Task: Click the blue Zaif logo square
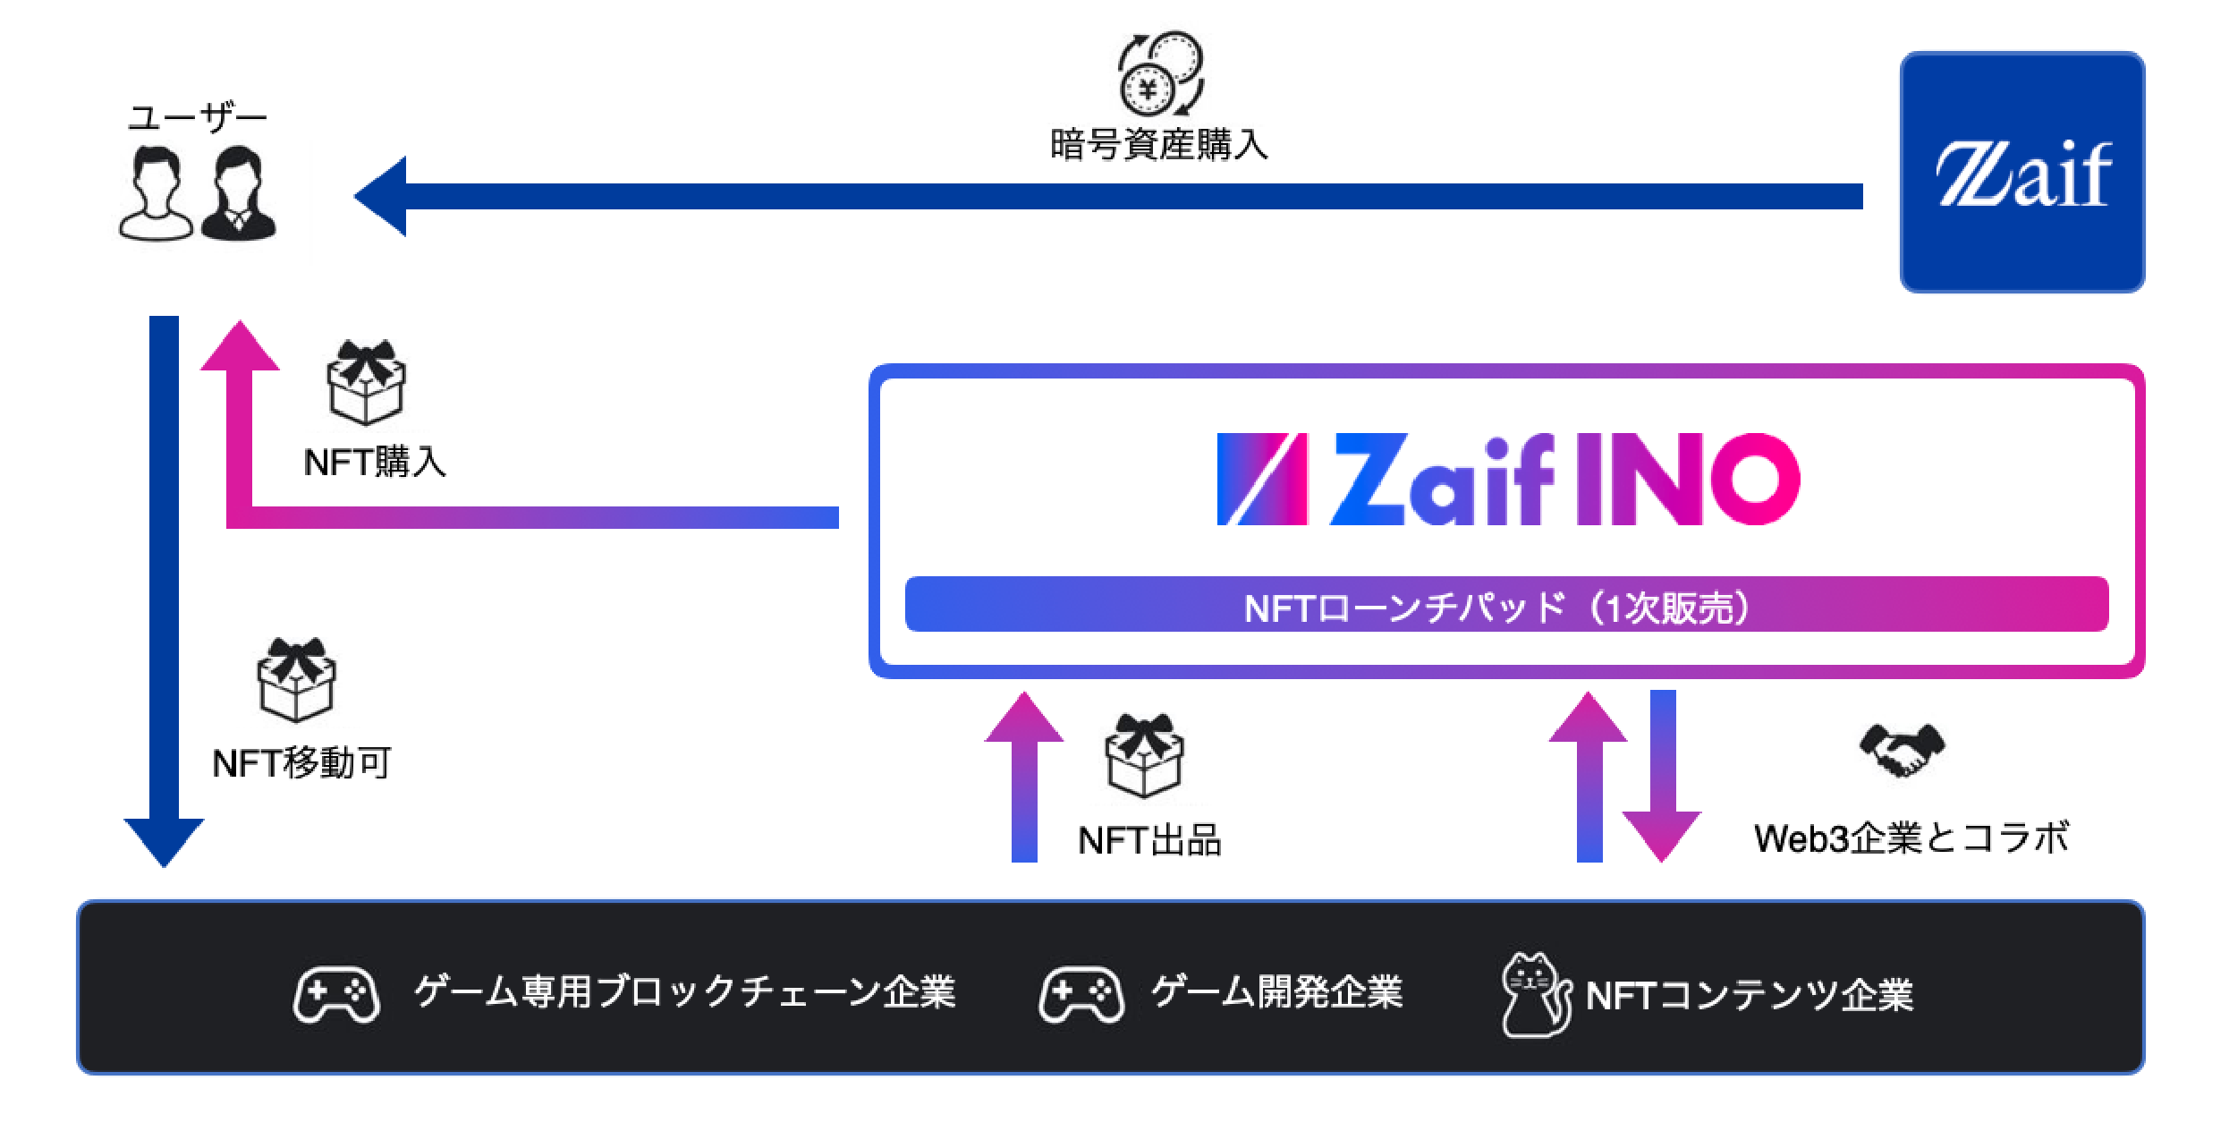pyautogui.click(x=2021, y=172)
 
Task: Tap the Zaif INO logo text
pyautogui.click(x=1508, y=480)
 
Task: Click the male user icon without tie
pyautogui.click(x=157, y=194)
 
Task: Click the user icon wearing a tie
pyautogui.click(x=238, y=194)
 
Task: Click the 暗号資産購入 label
pyautogui.click(x=1159, y=145)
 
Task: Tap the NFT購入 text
pyautogui.click(x=375, y=462)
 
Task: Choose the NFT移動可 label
pyautogui.click(x=301, y=763)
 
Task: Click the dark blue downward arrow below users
pyautogui.click(x=164, y=591)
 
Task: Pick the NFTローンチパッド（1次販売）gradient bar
pyautogui.click(x=1506, y=605)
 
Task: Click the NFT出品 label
pyautogui.click(x=1149, y=840)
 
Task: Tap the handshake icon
pyautogui.click(x=1902, y=750)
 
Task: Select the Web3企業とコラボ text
pyautogui.click(x=1911, y=838)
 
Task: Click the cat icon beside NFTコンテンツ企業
pyautogui.click(x=1535, y=995)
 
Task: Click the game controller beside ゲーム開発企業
pyautogui.click(x=1081, y=993)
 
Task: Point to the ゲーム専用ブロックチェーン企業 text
pyautogui.click(x=684, y=991)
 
